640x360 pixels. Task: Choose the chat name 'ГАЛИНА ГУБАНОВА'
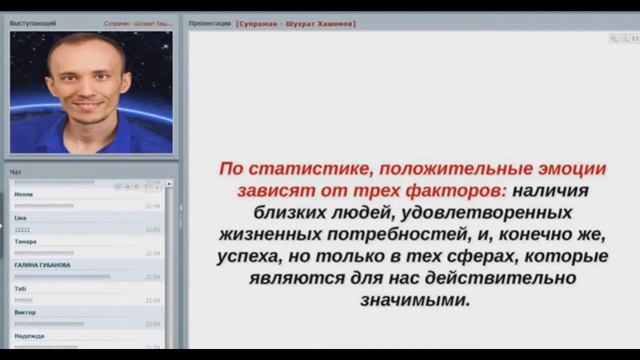pos(42,265)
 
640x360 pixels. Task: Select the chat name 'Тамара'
pos(26,241)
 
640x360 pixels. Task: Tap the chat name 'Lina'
pos(20,217)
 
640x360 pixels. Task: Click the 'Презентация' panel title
pos(210,22)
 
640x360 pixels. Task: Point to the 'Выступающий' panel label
pos(33,22)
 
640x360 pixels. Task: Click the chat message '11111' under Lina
pos(22,229)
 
